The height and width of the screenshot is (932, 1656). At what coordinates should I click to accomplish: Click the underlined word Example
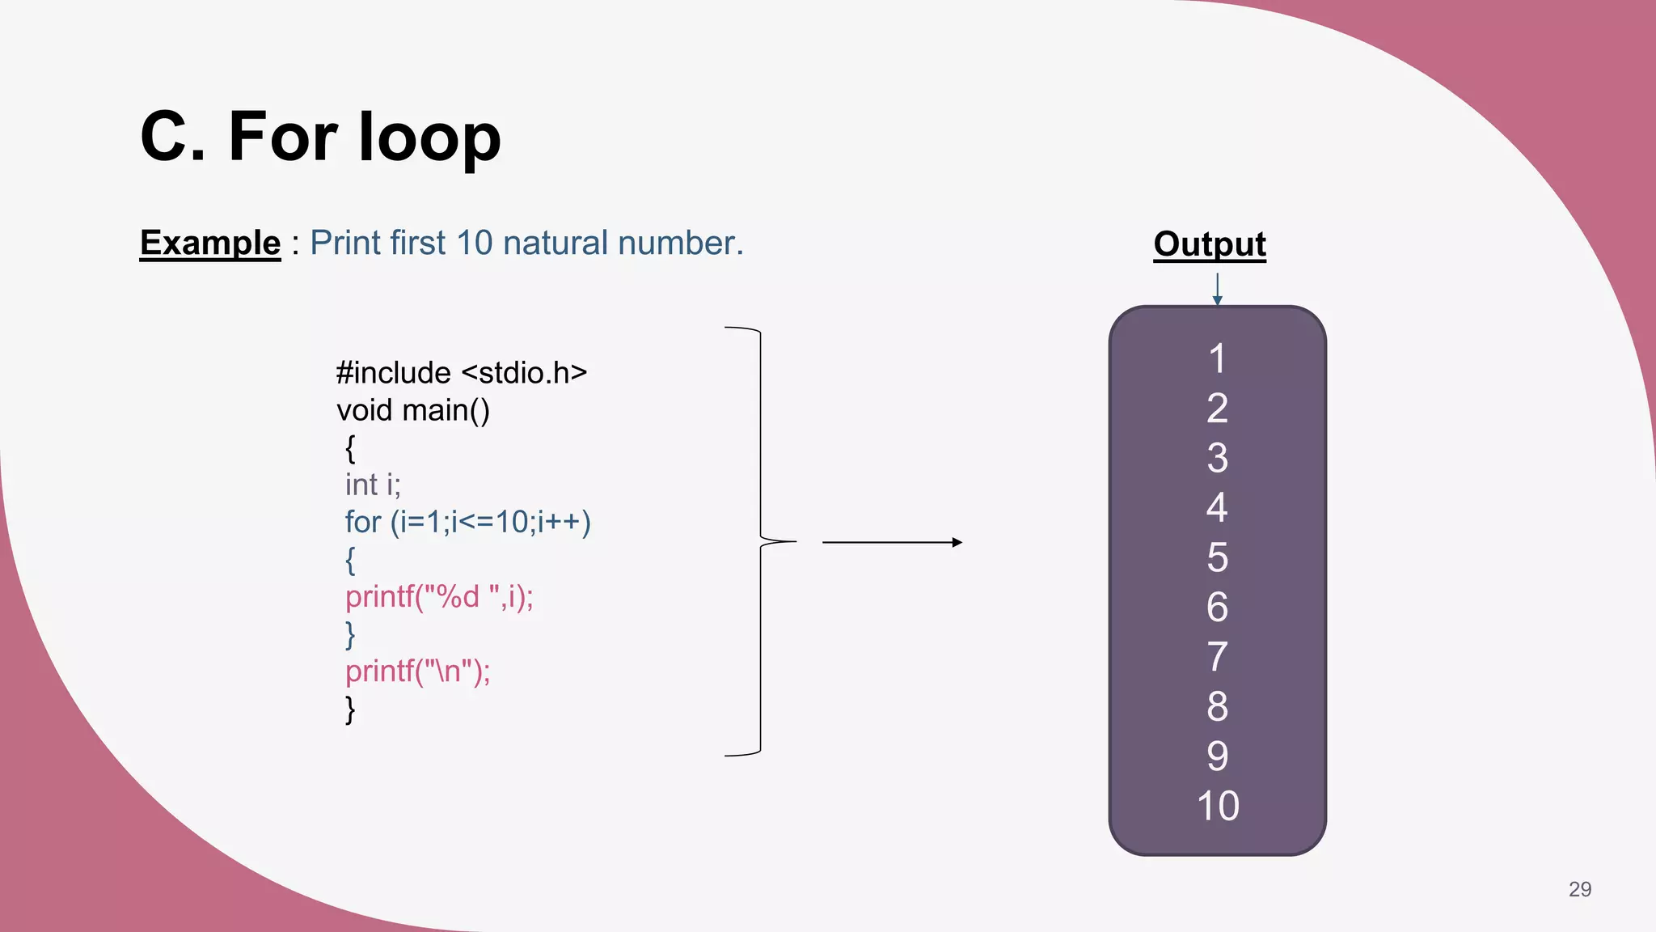pyautogui.click(x=210, y=243)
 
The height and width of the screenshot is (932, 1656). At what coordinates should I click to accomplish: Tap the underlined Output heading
pyautogui.click(x=1210, y=244)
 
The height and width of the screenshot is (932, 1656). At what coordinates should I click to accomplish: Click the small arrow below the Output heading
pyautogui.click(x=1217, y=290)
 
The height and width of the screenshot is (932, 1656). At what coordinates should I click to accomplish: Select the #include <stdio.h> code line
pyautogui.click(x=462, y=373)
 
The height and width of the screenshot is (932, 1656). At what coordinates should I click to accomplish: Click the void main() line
pyautogui.click(x=413, y=410)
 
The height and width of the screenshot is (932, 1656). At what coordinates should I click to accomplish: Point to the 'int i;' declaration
pyautogui.click(x=373, y=485)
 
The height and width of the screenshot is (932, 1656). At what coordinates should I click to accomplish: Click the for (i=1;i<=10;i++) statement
pyautogui.click(x=468, y=522)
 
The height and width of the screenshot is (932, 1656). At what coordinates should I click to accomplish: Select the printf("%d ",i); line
pyautogui.click(x=439, y=597)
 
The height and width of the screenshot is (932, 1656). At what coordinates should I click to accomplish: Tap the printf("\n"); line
pyautogui.click(x=417, y=671)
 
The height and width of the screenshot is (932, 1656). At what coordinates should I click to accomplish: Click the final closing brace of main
pyautogui.click(x=350, y=710)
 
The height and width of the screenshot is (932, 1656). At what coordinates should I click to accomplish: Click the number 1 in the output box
pyautogui.click(x=1217, y=358)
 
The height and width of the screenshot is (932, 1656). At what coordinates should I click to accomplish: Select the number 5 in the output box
pyautogui.click(x=1217, y=557)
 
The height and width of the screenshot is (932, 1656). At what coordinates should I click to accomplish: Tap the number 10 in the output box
pyautogui.click(x=1217, y=806)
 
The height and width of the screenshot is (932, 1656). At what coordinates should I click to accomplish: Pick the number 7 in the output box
pyautogui.click(x=1217, y=657)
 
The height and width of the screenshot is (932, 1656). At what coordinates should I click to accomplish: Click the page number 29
pyautogui.click(x=1579, y=889)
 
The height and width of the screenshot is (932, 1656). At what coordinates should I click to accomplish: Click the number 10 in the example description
pyautogui.click(x=474, y=243)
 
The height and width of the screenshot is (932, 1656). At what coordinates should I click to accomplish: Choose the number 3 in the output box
pyautogui.click(x=1217, y=458)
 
